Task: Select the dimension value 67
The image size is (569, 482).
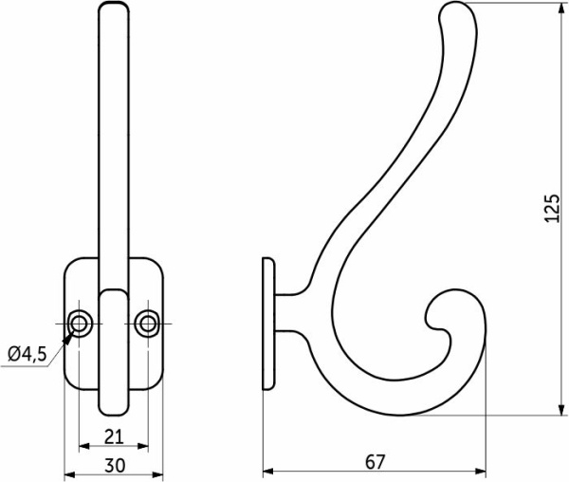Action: [375, 461]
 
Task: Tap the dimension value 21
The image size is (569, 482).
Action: [113, 436]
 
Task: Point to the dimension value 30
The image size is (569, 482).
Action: [113, 466]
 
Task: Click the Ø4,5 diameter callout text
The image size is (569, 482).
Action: [27, 354]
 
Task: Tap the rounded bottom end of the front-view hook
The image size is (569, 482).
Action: [113, 409]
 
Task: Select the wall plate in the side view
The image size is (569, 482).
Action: [268, 324]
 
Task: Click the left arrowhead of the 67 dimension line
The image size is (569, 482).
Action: [266, 472]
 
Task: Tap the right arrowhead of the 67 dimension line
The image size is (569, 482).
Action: [484, 472]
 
